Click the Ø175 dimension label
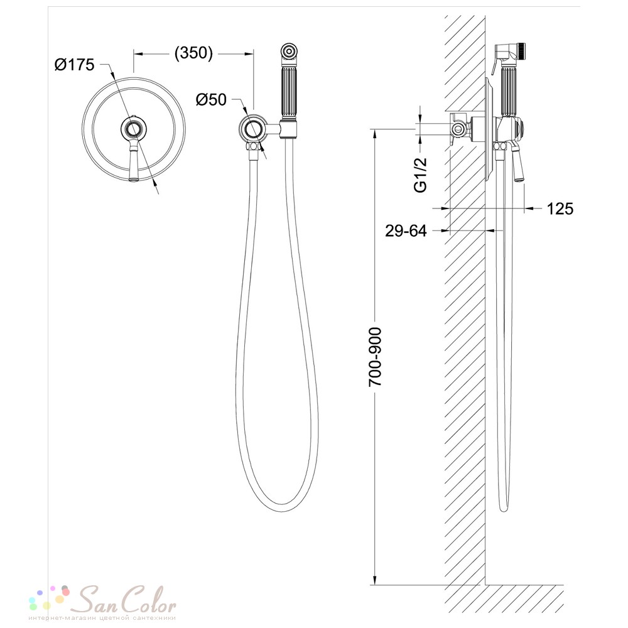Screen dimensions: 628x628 click(x=75, y=65)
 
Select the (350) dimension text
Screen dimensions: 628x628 click(x=193, y=53)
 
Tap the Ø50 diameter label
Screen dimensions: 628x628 click(x=211, y=99)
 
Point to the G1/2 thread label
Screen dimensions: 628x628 click(x=420, y=175)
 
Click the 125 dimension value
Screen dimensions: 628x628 click(x=560, y=208)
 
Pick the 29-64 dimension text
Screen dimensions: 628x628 click(x=406, y=230)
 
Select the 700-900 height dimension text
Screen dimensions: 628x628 click(x=376, y=357)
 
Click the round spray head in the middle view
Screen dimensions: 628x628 click(x=288, y=53)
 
